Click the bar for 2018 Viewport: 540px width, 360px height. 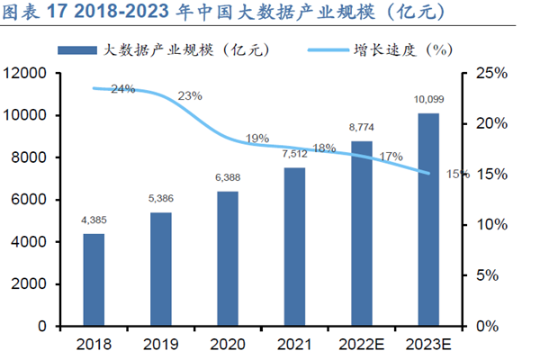point(94,279)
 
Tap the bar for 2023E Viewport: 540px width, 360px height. point(428,219)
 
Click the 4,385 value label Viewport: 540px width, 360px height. point(94,220)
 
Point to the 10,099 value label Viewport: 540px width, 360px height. point(427,99)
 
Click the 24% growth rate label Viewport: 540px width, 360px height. point(123,89)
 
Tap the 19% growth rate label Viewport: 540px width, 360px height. point(257,139)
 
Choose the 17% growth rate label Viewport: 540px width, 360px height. point(391,157)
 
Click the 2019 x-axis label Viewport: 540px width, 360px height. point(160,343)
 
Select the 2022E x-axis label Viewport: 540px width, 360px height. point(362,343)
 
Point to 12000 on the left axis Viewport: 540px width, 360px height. point(31,73)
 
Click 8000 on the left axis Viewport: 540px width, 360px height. point(35,157)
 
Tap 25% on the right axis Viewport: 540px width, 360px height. point(490,73)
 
